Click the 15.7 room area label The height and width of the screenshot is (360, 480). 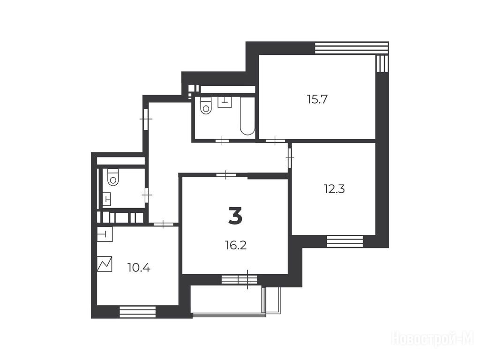pos(317,99)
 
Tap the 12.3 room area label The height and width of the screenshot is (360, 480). pos(334,189)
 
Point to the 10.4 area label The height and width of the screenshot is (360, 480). pos(139,268)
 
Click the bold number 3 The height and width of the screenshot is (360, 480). pos(235,216)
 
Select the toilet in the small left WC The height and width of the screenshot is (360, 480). pos(113,177)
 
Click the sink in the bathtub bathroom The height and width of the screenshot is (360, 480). pos(225,102)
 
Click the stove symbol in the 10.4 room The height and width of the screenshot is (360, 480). pos(105,264)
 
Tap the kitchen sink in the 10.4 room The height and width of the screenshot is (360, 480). pos(105,234)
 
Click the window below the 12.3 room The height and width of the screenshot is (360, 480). pos(345,241)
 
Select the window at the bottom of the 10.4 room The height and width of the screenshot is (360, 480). pos(137,312)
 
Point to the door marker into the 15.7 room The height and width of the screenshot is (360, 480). pos(275,141)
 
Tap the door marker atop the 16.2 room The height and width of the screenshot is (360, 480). pos(226,175)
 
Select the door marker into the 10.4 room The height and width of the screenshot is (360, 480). pos(163,225)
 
